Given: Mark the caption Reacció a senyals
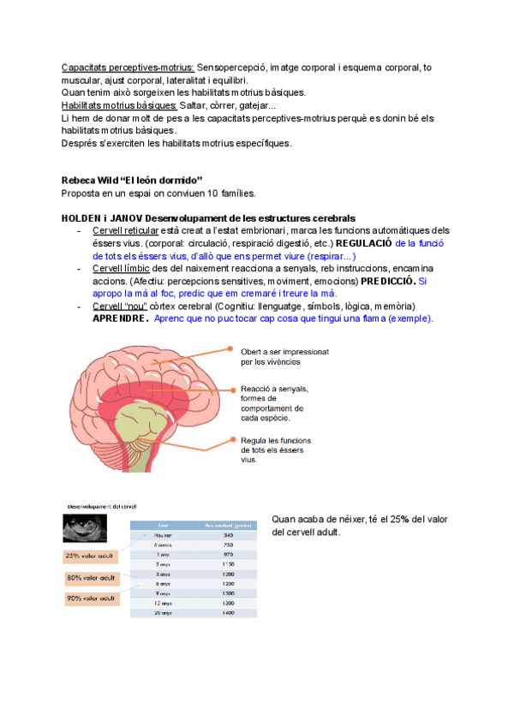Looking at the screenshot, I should [x=274, y=390].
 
